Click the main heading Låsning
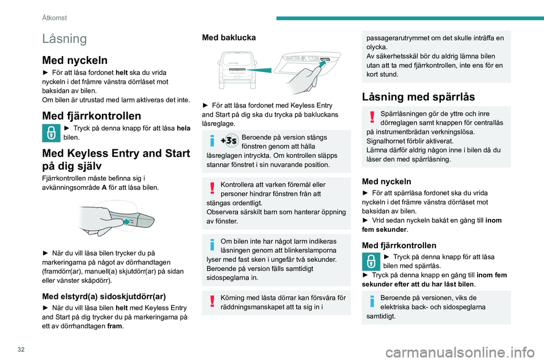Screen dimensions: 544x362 pos(64,39)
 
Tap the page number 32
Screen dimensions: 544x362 pos(21,349)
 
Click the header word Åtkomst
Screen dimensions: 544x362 pos(54,18)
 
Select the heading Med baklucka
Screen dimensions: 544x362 pos(228,37)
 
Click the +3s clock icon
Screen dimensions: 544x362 pos(229,141)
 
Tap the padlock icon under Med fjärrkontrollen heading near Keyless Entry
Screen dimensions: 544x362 pos(51,133)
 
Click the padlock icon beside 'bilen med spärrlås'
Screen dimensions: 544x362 pos(371,261)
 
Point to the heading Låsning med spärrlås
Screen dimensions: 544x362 pos(418,97)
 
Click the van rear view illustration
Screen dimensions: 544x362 pos(237,70)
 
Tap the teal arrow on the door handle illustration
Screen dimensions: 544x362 pos(126,221)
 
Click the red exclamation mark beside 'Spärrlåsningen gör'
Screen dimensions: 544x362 pos(372,117)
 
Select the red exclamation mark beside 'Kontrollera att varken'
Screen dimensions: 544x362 pos(212,188)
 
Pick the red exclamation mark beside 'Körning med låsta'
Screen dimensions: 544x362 pos(212,301)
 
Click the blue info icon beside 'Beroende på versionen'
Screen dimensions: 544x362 pos(372,301)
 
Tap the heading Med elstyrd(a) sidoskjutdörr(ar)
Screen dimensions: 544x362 pos(104,296)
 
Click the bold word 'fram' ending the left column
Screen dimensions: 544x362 pos(114,326)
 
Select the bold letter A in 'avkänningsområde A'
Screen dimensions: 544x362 pos(104,187)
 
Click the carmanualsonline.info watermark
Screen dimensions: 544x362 pos(460,352)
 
